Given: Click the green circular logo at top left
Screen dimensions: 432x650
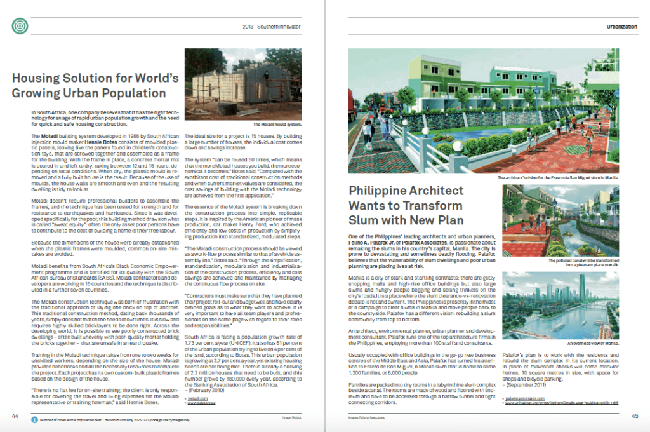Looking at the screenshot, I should coord(20,27).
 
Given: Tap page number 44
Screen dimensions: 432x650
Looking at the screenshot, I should coord(15,415).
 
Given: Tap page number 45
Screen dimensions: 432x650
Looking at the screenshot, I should coord(634,415).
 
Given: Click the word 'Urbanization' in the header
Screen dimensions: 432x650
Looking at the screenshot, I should coord(622,27).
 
